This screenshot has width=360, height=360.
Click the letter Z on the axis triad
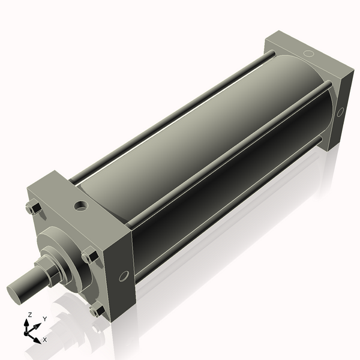[x=30, y=315]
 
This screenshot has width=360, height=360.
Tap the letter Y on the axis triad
[x=45, y=319]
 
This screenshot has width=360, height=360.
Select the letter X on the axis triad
[x=45, y=340]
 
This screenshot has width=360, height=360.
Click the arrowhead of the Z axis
[x=26, y=323]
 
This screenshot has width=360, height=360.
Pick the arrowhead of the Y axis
[x=37, y=326]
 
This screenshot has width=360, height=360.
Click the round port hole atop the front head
[x=81, y=205]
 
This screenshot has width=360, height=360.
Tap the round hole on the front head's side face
[x=124, y=276]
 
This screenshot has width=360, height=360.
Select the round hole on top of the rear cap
[x=308, y=53]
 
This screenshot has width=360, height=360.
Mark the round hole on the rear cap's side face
[x=340, y=112]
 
